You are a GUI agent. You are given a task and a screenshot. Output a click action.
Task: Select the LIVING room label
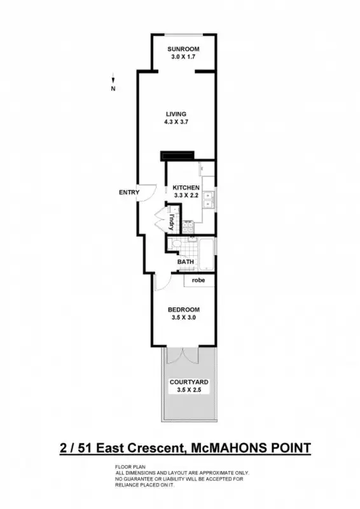point(176,114)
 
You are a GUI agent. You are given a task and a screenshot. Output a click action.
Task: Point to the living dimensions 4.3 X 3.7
point(176,122)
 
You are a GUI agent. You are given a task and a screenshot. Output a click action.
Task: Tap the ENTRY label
point(129,192)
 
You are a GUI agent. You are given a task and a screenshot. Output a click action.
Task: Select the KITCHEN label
point(187,188)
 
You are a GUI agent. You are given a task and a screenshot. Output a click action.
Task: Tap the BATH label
point(185,261)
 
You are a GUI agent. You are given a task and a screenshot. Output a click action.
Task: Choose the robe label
point(199,279)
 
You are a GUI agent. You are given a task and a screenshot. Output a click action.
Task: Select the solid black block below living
point(177,156)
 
